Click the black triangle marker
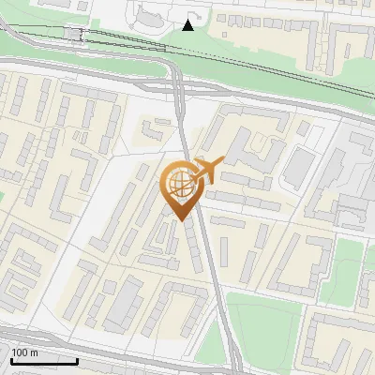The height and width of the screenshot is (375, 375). (x=188, y=24)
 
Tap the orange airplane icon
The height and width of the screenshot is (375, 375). (x=208, y=171)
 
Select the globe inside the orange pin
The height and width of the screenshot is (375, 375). (x=178, y=184)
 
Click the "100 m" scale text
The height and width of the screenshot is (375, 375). (x=24, y=352)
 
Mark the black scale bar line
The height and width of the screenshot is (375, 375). (x=43, y=361)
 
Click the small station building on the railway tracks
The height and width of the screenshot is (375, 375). (x=73, y=35)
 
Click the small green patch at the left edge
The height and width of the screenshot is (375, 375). (x=2, y=198)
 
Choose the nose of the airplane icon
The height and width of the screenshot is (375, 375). (x=222, y=163)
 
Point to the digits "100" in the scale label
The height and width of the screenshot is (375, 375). (x=20, y=352)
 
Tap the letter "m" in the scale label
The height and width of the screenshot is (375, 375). (x=34, y=352)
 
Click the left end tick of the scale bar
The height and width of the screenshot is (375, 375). (x=10, y=359)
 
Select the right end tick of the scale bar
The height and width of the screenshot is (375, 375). (x=77, y=359)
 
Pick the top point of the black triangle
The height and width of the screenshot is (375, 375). (x=188, y=19)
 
